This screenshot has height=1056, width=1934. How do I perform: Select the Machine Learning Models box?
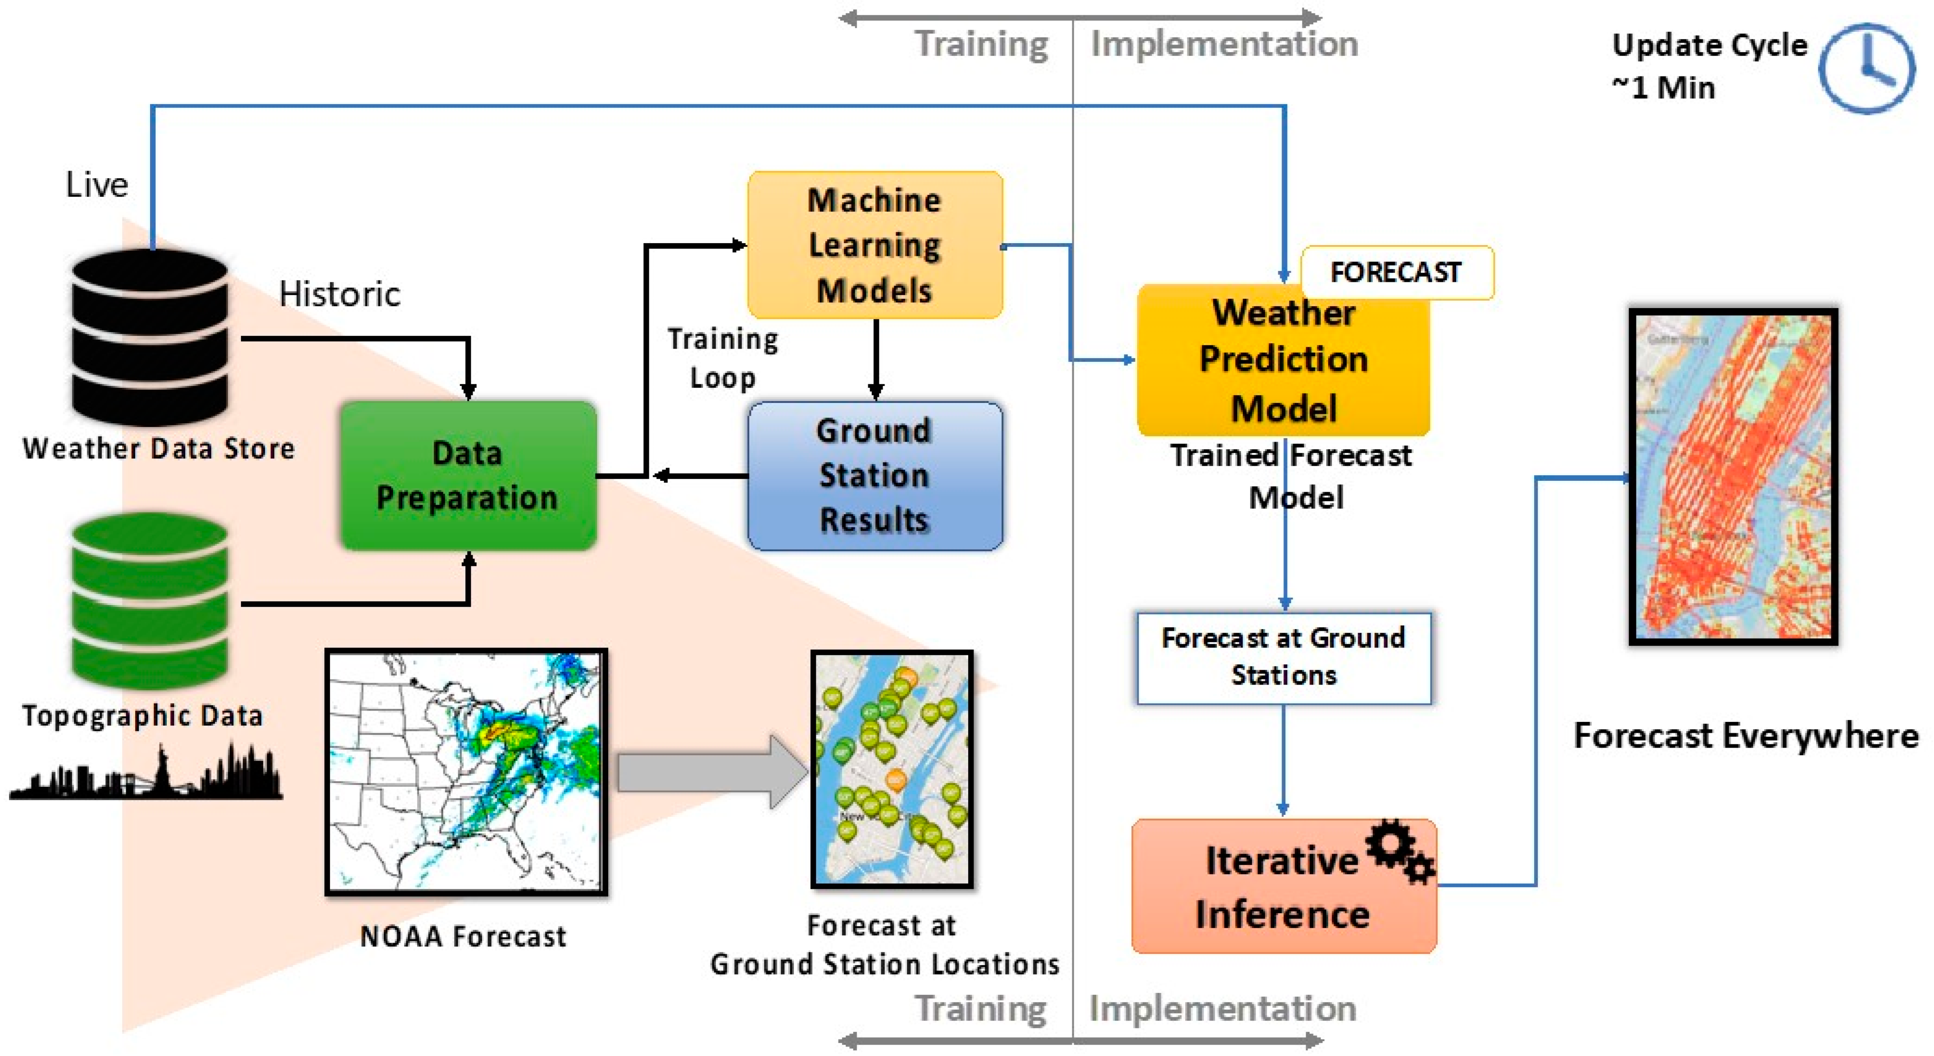(x=875, y=245)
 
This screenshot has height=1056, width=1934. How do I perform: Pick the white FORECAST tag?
(x=1397, y=272)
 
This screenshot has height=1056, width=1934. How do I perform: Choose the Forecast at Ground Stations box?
(x=1283, y=657)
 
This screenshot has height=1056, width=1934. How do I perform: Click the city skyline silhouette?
(x=146, y=773)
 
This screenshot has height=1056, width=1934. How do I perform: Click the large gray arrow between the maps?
(x=710, y=771)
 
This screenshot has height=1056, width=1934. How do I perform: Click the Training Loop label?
(x=722, y=358)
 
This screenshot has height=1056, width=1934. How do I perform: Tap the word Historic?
(x=339, y=293)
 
